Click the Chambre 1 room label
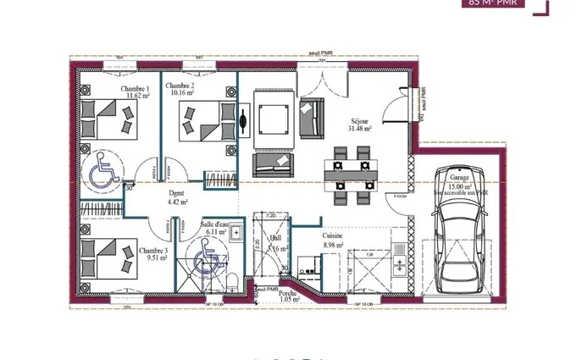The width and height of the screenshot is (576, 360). point(135,89)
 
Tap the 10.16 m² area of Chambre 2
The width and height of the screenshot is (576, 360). point(180,94)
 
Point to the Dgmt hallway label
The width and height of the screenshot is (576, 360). point(176,194)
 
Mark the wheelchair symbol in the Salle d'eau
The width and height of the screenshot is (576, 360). point(206,253)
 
